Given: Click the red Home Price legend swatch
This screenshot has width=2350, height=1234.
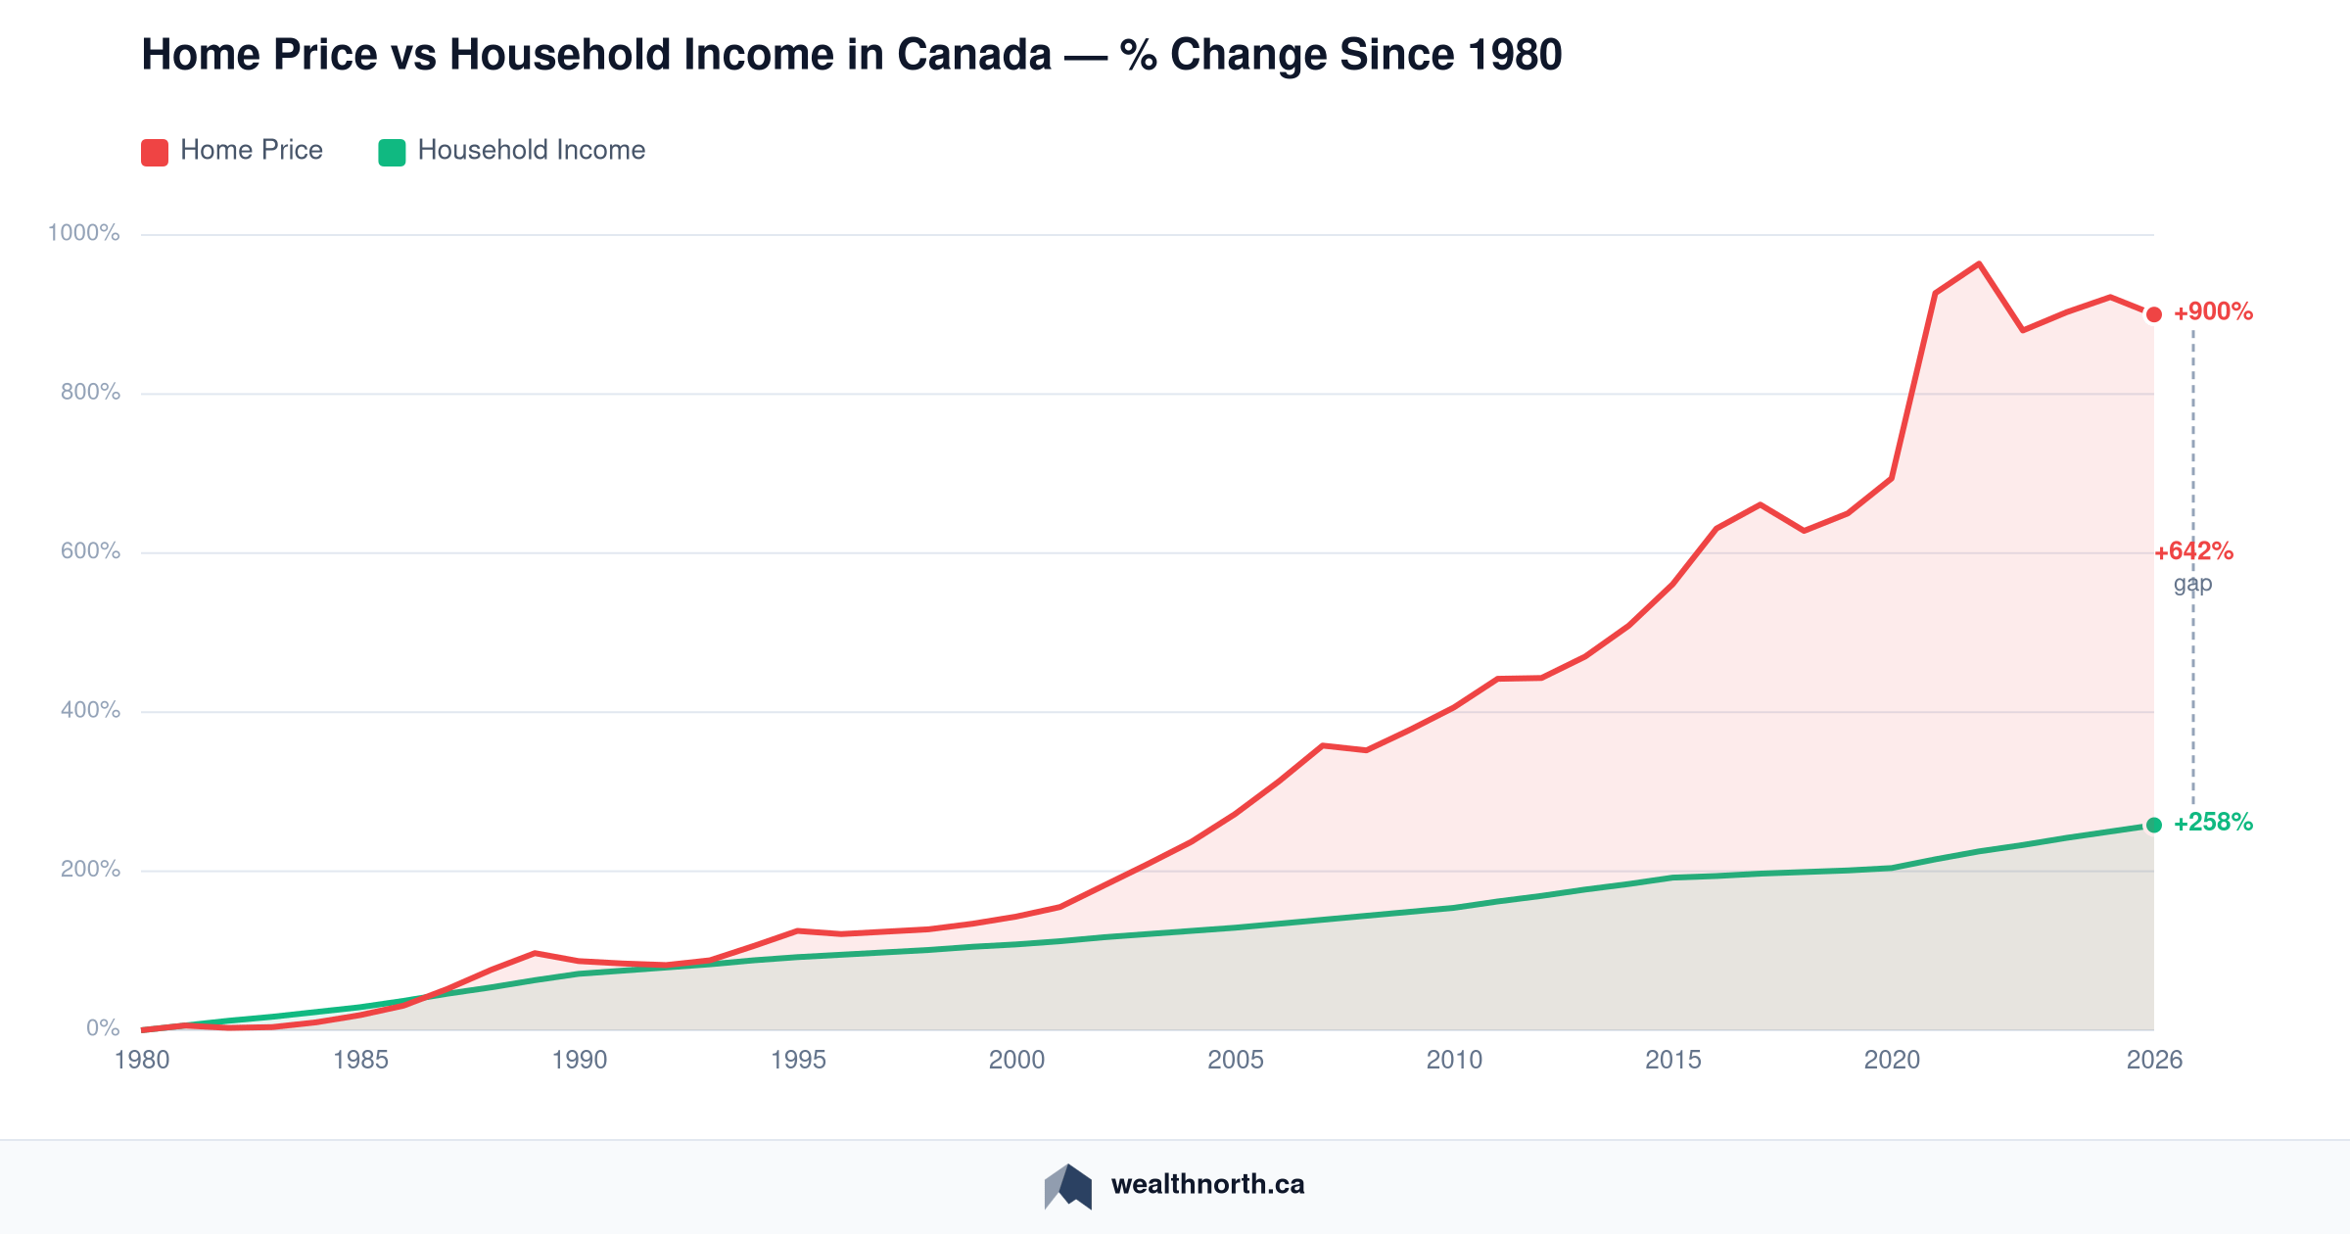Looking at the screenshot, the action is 155,152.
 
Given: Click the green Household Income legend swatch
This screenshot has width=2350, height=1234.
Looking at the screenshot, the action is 392,152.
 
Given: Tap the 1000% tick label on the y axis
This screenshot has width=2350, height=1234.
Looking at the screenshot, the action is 83,233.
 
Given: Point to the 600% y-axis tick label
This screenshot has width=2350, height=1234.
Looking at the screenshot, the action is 90,551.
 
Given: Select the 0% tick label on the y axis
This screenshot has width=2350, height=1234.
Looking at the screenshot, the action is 103,1028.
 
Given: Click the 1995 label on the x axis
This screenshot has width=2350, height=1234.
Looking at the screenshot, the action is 798,1060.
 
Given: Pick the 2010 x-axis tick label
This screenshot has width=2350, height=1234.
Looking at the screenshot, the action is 1454,1060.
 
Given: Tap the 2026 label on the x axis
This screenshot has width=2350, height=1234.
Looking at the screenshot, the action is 2154,1060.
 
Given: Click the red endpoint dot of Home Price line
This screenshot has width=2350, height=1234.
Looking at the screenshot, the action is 2154,314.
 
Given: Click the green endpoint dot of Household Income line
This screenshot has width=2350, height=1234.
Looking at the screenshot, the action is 2154,825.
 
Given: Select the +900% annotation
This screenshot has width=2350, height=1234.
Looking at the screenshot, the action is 2213,312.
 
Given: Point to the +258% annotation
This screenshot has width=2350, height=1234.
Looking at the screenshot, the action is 2213,823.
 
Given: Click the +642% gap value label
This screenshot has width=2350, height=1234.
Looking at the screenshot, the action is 2193,551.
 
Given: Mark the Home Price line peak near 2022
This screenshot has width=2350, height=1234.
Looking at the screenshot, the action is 1979,263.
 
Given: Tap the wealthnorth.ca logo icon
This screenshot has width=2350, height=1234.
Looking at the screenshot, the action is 1068,1186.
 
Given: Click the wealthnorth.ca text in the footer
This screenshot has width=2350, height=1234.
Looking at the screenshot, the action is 1207,1185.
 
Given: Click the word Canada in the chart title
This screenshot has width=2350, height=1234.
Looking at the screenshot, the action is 974,55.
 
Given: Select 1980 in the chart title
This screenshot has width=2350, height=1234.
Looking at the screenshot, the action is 1515,55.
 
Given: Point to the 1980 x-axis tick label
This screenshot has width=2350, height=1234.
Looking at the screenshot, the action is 142,1060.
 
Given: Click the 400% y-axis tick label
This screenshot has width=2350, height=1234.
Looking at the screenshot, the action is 90,710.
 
